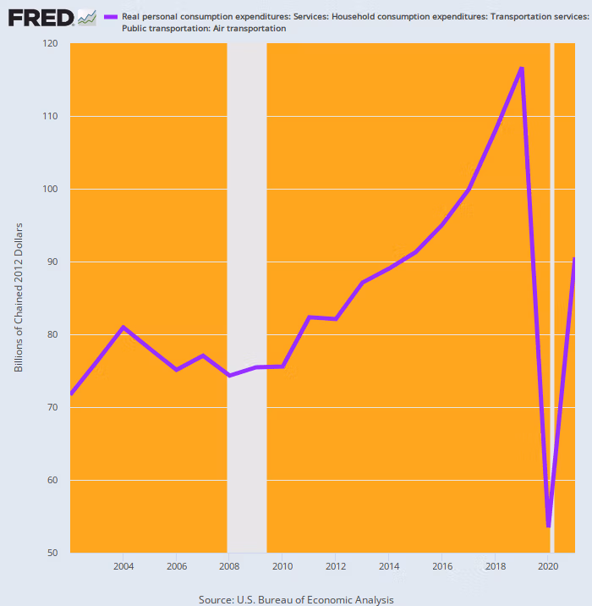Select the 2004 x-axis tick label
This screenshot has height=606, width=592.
click(123, 566)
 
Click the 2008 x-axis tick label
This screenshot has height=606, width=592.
click(229, 566)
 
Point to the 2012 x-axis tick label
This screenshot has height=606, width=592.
click(336, 566)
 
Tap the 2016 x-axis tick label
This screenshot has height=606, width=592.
click(441, 566)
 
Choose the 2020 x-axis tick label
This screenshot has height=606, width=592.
click(548, 566)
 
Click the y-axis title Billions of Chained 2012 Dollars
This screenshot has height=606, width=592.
click(19, 297)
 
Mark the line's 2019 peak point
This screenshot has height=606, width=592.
click(522, 68)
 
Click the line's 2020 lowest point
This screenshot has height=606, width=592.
click(549, 526)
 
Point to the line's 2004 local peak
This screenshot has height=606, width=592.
click(123, 327)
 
